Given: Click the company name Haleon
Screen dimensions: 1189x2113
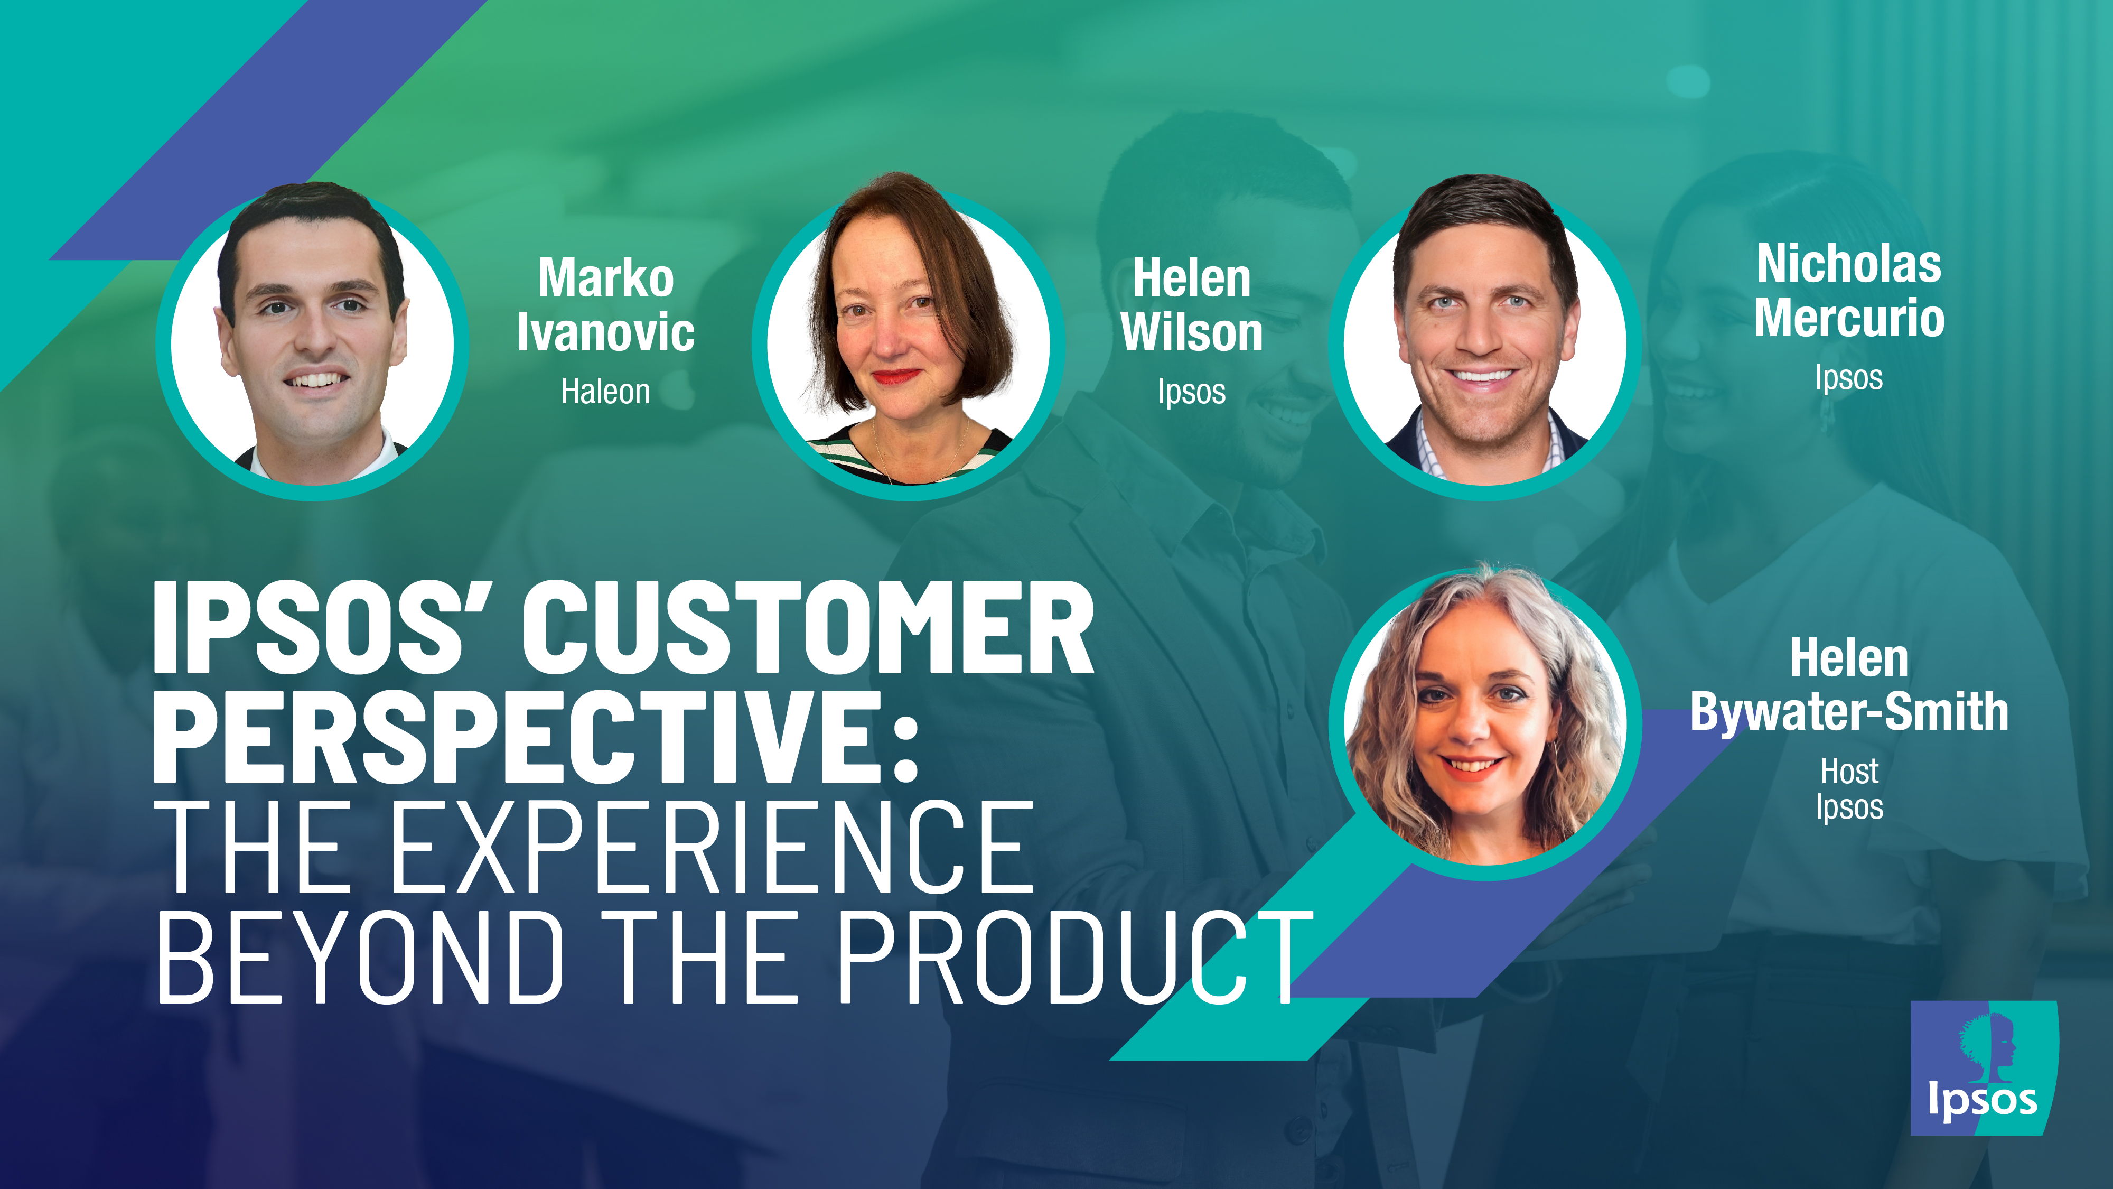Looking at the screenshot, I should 605,392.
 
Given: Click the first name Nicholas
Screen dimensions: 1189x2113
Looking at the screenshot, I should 1849,264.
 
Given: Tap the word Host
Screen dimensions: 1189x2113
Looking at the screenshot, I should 1849,772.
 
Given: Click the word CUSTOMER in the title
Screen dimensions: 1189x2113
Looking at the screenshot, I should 808,628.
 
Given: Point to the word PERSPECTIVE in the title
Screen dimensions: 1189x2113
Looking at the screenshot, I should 517,737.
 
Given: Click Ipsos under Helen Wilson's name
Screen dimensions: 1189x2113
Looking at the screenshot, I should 1191,392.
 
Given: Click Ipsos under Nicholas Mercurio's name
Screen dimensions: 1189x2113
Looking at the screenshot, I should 1849,377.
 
